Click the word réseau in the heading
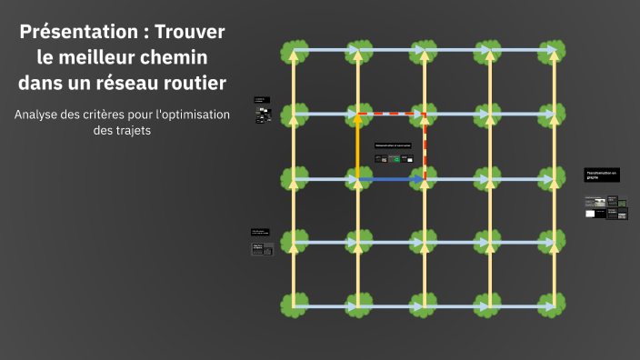(137, 83)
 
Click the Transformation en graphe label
(601, 174)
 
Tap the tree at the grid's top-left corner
(293, 51)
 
